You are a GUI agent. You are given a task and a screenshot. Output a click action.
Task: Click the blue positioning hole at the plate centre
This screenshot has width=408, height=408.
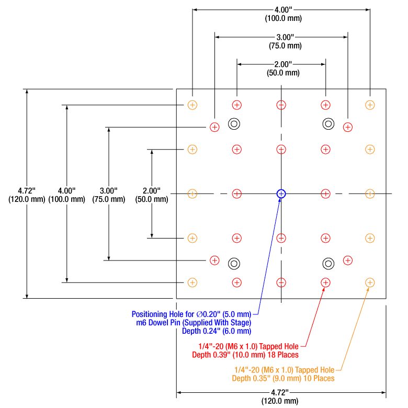(281, 194)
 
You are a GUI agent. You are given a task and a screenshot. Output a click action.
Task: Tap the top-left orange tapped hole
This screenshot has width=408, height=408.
(192, 105)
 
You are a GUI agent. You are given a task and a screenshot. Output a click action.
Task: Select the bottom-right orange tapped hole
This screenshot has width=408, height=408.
(370, 282)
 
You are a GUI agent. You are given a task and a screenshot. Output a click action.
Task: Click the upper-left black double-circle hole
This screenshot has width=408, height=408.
(234, 124)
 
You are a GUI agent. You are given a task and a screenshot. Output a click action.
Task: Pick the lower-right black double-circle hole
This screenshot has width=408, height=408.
(328, 263)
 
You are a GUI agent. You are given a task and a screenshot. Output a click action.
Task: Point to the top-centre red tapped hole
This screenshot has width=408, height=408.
(281, 105)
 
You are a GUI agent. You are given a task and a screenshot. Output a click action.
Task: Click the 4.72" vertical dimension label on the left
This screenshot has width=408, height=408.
(27, 194)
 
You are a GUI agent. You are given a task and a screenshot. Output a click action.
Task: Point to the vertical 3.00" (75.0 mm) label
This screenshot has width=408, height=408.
(108, 194)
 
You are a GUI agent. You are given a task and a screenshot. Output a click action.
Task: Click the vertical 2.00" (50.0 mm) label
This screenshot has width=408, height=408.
(151, 194)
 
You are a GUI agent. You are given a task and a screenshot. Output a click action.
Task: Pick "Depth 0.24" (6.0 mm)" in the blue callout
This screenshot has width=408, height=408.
(217, 331)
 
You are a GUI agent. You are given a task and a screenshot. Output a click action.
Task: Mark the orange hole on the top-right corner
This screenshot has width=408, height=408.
(370, 105)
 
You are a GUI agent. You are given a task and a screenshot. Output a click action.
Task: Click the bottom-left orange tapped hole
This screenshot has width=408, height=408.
(192, 282)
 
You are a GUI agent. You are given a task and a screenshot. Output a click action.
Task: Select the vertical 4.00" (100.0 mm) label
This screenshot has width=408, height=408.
(66, 194)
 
